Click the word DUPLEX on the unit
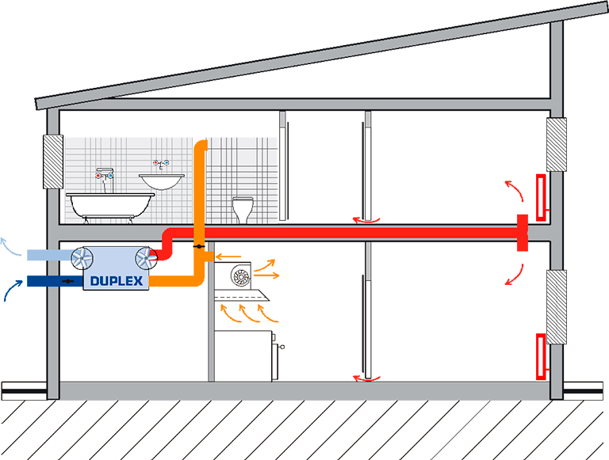pos(117,281)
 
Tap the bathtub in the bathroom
pos(110,207)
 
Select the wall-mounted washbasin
pos(162,181)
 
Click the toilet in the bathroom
pos(243,210)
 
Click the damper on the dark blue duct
pos(68,281)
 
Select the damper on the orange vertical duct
pos(199,247)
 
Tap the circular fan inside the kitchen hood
pos(241,276)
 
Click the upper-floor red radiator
pos(542,198)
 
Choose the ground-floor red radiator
pos(541,356)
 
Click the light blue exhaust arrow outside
pos(10,247)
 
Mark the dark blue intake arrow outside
pos(12,289)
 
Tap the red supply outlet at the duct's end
pos(523,233)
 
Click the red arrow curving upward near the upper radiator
pos(515,190)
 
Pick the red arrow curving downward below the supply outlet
pos(515,276)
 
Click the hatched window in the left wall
pos(53,162)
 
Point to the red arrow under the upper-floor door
pos(366,221)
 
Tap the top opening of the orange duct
pos(201,142)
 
